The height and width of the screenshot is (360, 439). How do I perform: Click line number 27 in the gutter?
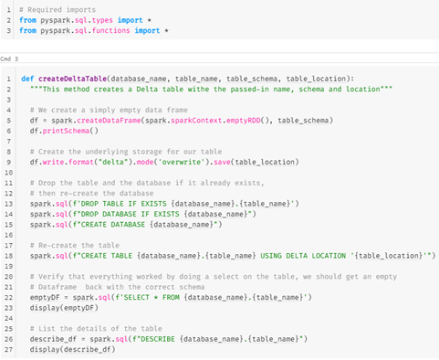[x=7, y=348]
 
